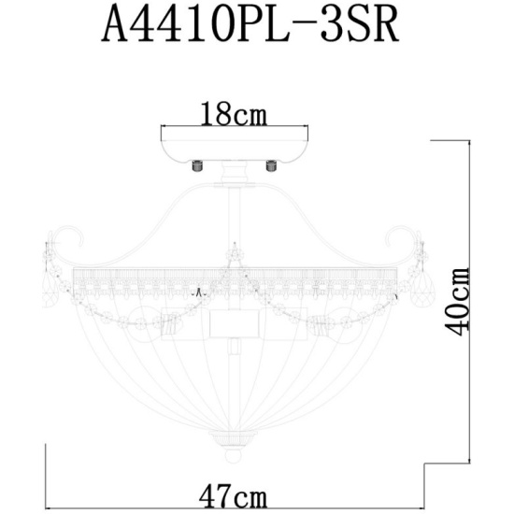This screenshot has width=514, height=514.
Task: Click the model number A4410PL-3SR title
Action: point(250,25)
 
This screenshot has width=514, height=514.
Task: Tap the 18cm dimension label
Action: point(234,113)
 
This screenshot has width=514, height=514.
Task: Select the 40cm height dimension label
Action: point(457,302)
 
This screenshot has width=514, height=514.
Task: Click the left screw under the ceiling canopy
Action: point(196,165)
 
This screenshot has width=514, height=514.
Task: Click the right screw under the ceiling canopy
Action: point(271,165)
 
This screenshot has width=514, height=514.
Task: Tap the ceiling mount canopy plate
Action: point(235,145)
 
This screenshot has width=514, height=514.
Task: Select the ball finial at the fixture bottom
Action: point(234,456)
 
